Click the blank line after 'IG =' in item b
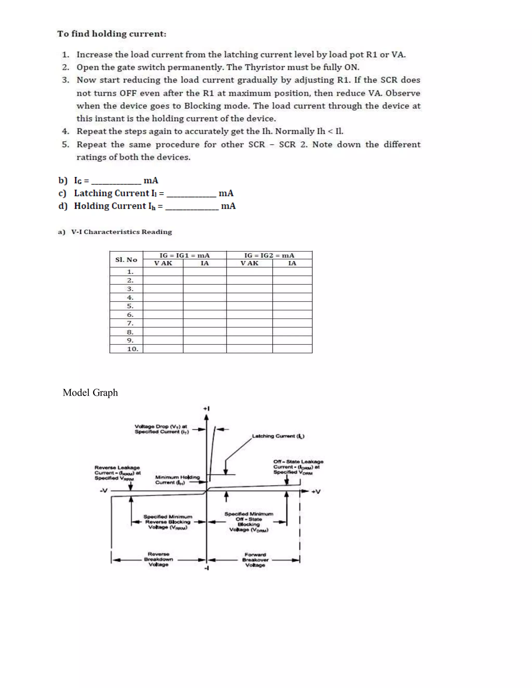coord(116,181)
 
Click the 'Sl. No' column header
coord(126,260)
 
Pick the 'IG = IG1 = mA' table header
coord(184,255)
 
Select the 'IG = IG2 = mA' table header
coord(269,255)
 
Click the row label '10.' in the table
coord(133,349)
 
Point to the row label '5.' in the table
coord(130,306)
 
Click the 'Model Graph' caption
coord(90,393)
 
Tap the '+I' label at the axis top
coord(207,409)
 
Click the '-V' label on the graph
coord(103,491)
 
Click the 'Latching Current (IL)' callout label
coord(278,436)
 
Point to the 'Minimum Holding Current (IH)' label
coord(177,480)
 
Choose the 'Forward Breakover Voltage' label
coord(255,560)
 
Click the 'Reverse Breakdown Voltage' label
coord(158,559)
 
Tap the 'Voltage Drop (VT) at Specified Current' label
coord(161,429)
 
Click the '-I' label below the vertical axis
coord(207,568)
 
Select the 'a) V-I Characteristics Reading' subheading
coord(115,232)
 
